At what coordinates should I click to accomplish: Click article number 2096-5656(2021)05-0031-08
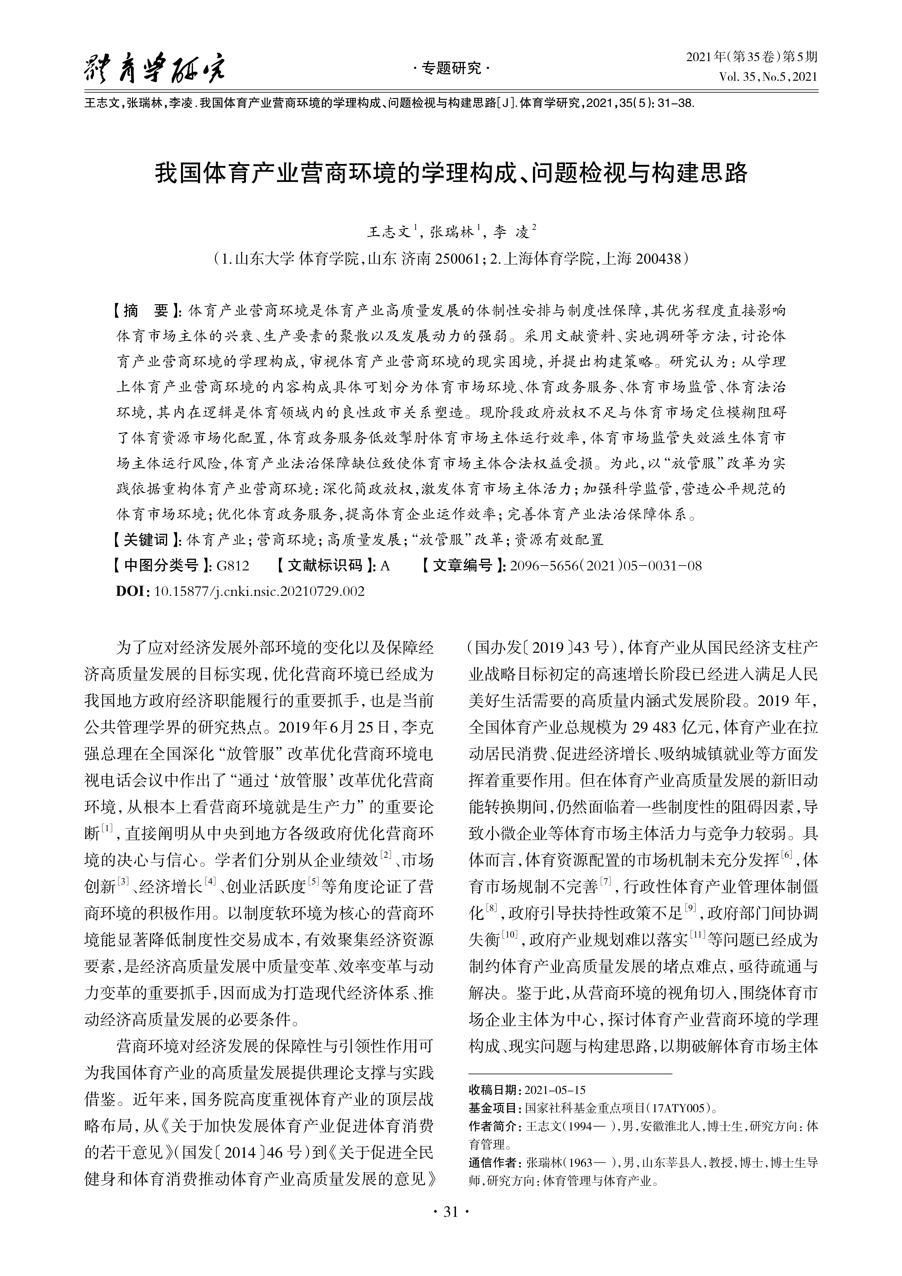click(x=606, y=566)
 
